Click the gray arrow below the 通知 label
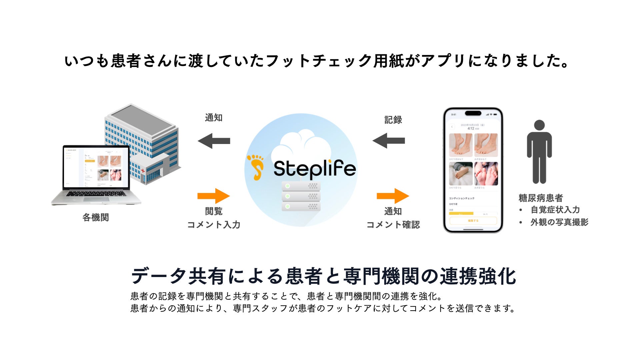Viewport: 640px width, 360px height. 214,141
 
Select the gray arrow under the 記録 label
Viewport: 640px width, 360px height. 389,141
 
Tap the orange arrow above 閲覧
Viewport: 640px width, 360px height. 214,196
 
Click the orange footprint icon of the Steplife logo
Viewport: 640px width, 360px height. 256,167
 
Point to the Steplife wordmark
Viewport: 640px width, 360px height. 315,168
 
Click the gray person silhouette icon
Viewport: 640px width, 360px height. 539,152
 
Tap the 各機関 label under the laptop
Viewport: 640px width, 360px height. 96,218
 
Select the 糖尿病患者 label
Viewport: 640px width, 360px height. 541,198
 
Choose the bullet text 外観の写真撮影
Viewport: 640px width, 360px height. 559,222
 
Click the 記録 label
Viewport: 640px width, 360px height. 393,120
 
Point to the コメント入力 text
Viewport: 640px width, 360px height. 214,225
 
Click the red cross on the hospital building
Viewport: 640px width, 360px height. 143,171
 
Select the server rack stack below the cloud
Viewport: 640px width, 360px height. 301,196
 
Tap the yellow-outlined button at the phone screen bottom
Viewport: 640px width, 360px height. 473,221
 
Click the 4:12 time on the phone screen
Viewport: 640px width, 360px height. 471,128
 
